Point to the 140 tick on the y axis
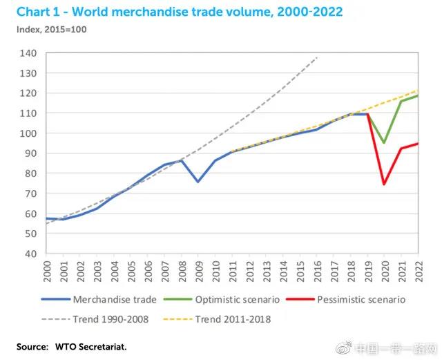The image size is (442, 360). pyautogui.click(x=28, y=53)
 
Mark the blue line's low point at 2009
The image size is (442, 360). pyautogui.click(x=198, y=182)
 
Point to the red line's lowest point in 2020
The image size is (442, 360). pyautogui.click(x=384, y=184)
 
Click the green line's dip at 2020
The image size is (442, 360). pyautogui.click(x=384, y=143)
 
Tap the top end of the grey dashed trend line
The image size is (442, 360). pyautogui.click(x=317, y=57)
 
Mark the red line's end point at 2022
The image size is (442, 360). pyautogui.click(x=417, y=144)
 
